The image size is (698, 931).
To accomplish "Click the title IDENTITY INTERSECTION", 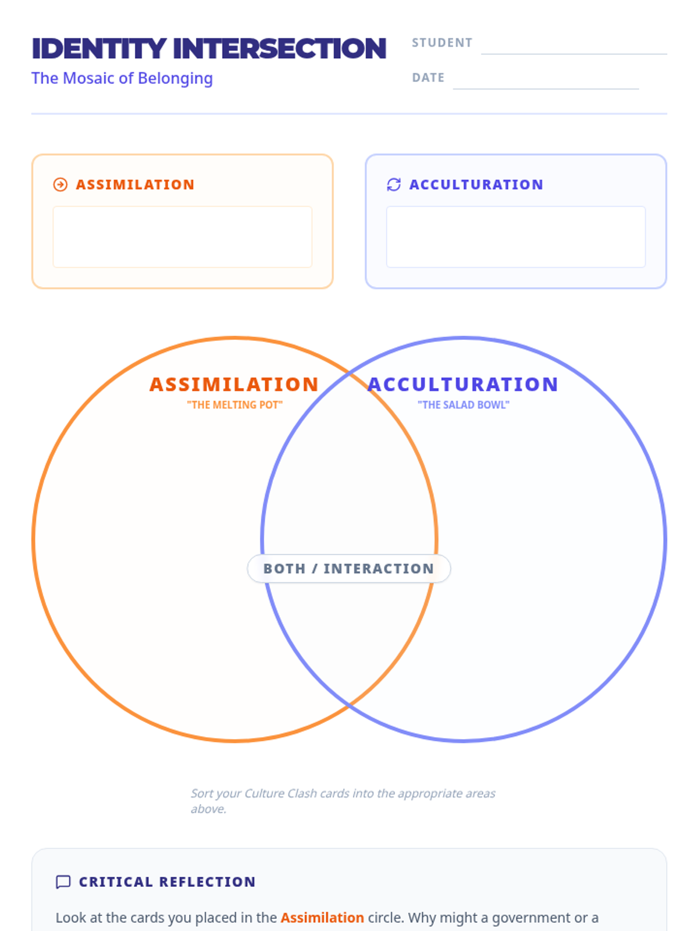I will tap(209, 49).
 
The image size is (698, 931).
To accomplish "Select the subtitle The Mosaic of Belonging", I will tap(122, 78).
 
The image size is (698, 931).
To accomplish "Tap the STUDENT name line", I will tap(574, 49).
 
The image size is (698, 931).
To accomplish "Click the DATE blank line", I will tap(546, 84).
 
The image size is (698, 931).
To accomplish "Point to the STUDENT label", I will tap(442, 43).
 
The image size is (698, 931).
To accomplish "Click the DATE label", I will tap(428, 78).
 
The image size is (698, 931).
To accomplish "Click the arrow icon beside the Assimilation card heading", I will tap(60, 184).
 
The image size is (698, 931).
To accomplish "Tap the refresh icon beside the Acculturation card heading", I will tap(394, 184).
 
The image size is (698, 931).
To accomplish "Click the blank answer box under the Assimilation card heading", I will tap(183, 237).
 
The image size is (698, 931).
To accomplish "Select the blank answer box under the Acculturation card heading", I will tap(516, 237).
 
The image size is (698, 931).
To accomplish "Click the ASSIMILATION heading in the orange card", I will tap(135, 184).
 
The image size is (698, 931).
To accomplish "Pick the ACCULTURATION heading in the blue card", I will tap(476, 184).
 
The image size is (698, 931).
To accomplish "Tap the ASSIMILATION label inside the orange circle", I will tap(234, 385).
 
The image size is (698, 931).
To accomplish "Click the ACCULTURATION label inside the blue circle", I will tap(463, 385).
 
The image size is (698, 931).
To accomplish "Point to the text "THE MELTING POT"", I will tap(234, 405).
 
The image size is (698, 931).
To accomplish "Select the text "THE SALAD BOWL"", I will tap(464, 405).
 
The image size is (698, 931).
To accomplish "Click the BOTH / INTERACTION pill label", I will tap(349, 568).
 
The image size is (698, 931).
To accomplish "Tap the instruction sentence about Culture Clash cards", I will tap(343, 801).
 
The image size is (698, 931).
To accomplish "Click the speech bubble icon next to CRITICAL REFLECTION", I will tap(63, 882).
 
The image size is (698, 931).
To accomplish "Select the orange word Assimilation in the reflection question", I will tap(322, 918).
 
